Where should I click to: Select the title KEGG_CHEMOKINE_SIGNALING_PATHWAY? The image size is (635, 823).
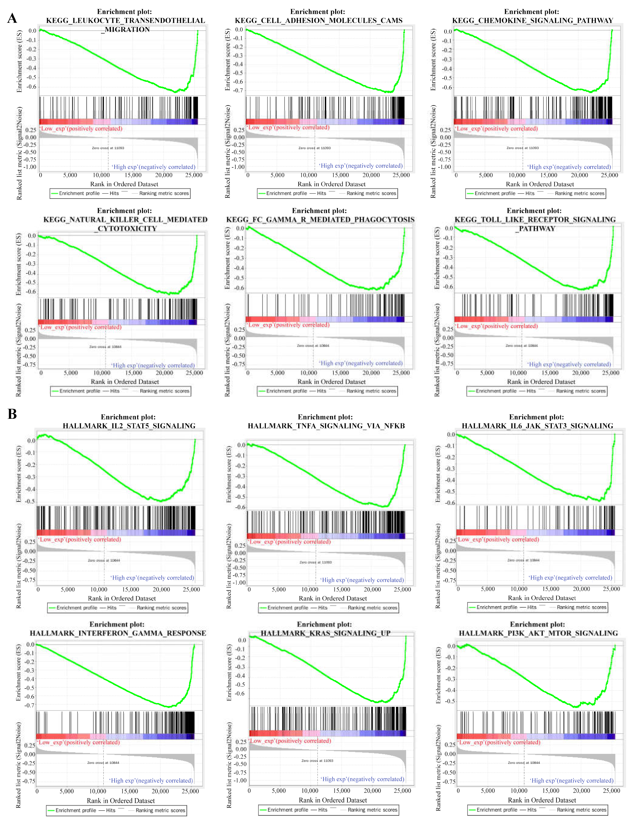(x=533, y=20)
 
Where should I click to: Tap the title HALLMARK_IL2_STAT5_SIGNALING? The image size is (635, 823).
(x=129, y=426)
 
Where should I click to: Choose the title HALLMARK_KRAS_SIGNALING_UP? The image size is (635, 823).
(x=325, y=633)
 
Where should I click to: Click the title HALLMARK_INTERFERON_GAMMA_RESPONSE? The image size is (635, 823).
(x=118, y=633)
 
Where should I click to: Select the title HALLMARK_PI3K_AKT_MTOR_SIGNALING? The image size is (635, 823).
(x=538, y=633)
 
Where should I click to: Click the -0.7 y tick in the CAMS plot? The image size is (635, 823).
(x=239, y=90)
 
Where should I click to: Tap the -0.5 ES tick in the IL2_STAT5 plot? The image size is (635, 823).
(x=30, y=501)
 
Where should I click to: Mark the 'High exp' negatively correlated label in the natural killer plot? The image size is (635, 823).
(x=153, y=365)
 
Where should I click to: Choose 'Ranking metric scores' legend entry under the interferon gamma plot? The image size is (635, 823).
(x=160, y=810)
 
